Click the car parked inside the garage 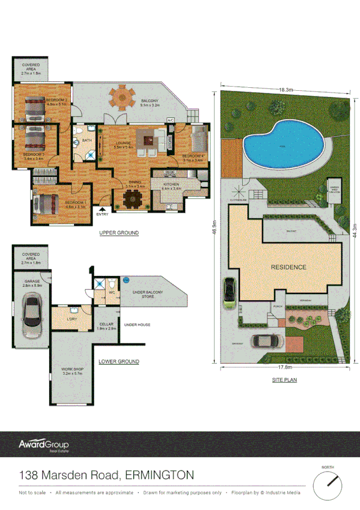29,316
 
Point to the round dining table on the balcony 122,96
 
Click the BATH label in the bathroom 87,141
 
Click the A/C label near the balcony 170,120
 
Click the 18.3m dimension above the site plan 285,90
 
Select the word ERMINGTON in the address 159,475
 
